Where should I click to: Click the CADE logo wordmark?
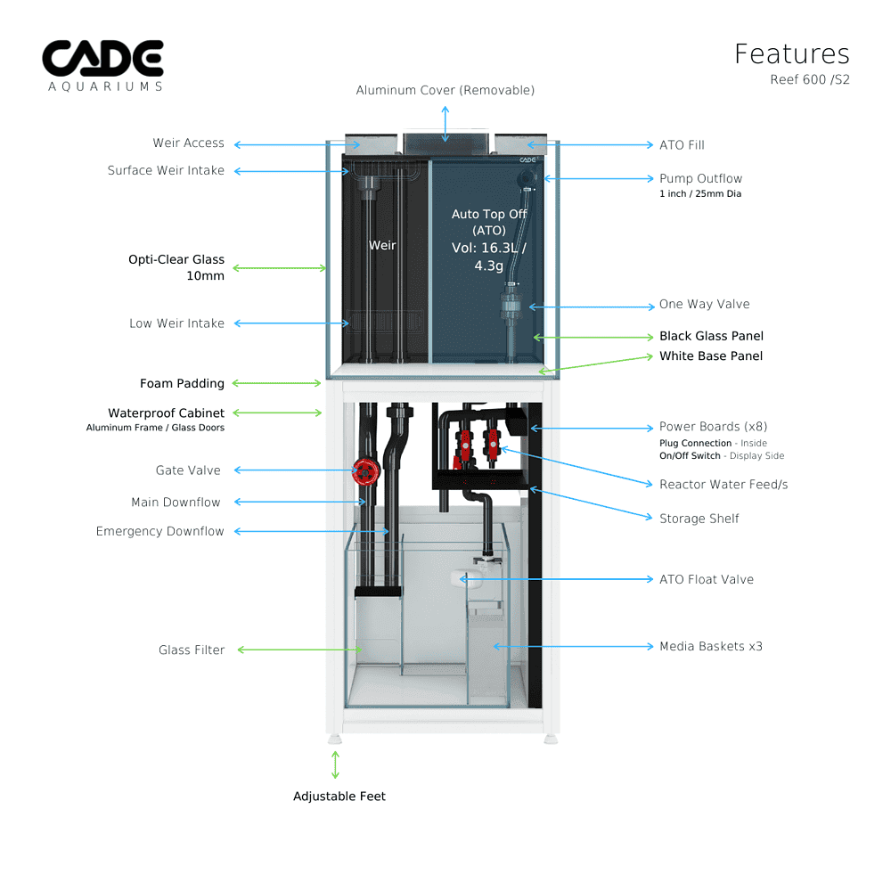(102, 59)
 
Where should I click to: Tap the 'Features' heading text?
(791, 53)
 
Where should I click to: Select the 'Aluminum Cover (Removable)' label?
(445, 90)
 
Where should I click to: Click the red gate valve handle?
(364, 470)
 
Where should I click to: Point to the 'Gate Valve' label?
(188, 470)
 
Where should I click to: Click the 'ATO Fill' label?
(682, 144)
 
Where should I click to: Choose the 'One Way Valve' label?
(704, 305)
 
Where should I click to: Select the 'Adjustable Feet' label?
(339, 796)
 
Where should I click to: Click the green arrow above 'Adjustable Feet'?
(336, 764)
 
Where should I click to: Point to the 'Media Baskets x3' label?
(710, 646)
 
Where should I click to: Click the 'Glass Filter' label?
(192, 650)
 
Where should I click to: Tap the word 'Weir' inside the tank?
(383, 245)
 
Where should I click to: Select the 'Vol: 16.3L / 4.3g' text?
(489, 257)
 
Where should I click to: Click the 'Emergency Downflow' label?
(160, 531)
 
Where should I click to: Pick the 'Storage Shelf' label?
(699, 519)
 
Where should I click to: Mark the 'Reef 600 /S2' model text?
(809, 78)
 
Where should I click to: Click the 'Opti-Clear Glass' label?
(176, 260)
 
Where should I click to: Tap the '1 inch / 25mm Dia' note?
(699, 193)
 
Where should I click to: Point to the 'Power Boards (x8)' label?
(713, 427)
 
